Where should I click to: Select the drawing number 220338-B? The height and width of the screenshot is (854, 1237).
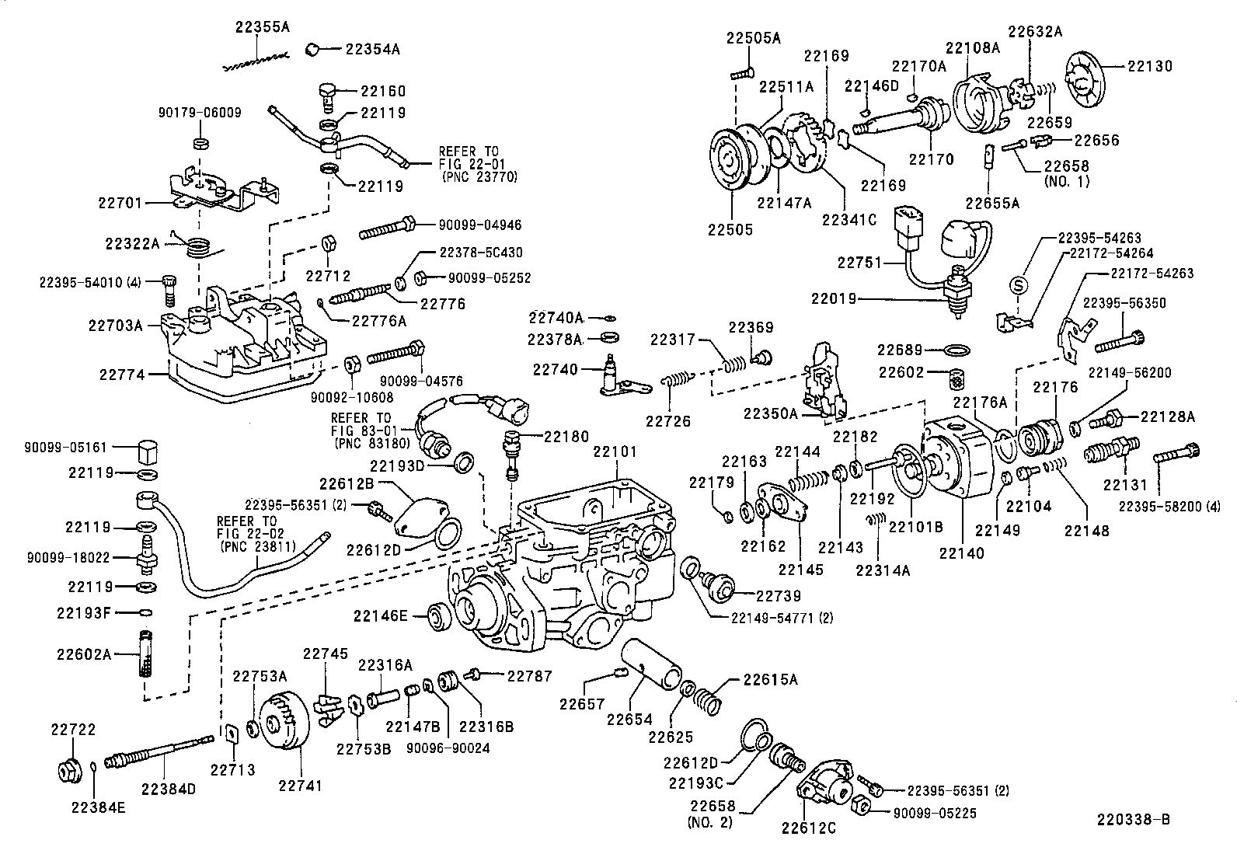pyautogui.click(x=1134, y=820)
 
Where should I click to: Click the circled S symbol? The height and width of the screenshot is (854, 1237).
pyautogui.click(x=1019, y=285)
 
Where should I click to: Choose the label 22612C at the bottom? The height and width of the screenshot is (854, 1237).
pyautogui.click(x=809, y=828)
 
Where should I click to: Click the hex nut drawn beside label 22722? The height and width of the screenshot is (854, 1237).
pyautogui.click(x=68, y=770)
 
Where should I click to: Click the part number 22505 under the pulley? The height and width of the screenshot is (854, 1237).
pyautogui.click(x=730, y=230)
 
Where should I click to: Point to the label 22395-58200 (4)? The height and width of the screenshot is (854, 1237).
pyautogui.click(x=1169, y=507)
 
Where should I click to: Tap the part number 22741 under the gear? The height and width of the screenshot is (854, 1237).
pyautogui.click(x=300, y=785)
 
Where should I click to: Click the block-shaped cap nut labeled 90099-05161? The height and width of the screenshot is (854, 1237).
pyautogui.click(x=147, y=450)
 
